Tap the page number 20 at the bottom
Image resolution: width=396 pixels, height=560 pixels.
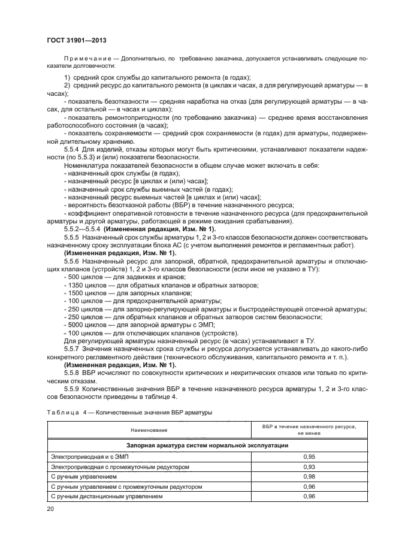pos(50,508)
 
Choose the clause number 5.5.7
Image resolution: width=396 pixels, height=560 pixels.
pos(72,348)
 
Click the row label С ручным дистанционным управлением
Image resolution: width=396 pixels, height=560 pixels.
pos(107,497)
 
